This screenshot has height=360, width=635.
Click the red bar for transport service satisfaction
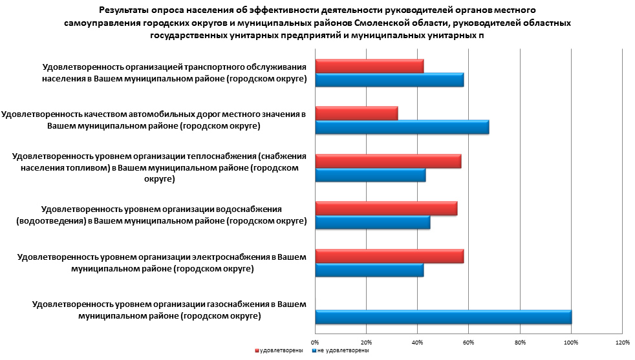pos(369,66)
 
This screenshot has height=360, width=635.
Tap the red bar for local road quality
pos(356,113)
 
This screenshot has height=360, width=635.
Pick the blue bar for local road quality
pos(402,127)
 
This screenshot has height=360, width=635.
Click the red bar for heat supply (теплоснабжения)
pos(388,160)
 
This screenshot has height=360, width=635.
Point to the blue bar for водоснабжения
pos(372,222)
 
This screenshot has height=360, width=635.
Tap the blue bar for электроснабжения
pos(369,270)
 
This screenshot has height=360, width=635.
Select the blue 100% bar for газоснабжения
pos(443,317)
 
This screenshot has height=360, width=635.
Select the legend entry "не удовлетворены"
pos(343,350)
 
